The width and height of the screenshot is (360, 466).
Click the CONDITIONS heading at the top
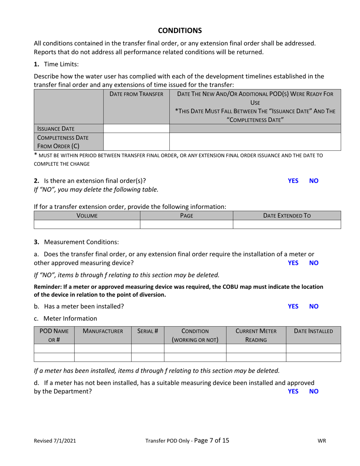[180, 30]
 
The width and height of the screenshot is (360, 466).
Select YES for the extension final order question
[293, 181]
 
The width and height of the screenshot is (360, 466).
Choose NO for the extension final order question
[314, 181]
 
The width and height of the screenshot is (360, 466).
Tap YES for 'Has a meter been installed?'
[293, 306]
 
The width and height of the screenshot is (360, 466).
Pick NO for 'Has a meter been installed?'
[314, 306]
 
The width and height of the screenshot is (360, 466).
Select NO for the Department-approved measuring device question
[314, 391]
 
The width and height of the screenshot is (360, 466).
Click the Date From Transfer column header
[136, 94]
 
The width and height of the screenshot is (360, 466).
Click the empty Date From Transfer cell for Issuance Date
[136, 129]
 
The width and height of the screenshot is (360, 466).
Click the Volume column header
[87, 216]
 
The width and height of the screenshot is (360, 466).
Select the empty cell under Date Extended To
[287, 224]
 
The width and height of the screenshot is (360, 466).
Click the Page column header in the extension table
[186, 216]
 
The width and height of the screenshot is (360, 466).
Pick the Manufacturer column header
[103, 331]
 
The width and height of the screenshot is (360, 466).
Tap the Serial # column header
[147, 331]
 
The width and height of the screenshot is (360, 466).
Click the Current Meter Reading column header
[256, 335]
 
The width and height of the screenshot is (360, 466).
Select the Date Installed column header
[313, 331]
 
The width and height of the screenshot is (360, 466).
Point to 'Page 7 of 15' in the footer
[211, 440]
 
